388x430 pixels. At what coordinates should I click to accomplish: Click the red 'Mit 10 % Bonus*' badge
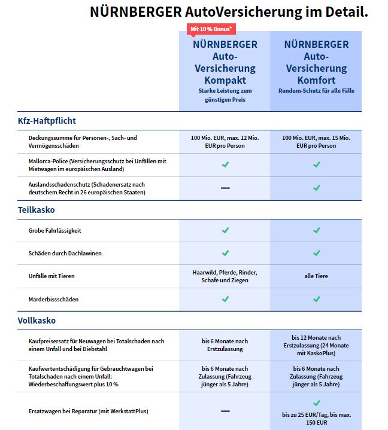pos(211,29)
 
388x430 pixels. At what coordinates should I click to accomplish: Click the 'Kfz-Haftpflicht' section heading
pos(47,121)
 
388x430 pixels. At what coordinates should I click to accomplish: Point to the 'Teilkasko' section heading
pos(37,210)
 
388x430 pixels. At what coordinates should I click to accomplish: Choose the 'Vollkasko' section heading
pos(37,321)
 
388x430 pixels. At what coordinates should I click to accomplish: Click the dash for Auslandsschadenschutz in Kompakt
pos(225,188)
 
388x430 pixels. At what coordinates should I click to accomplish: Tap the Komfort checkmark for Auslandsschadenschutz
pos(316,188)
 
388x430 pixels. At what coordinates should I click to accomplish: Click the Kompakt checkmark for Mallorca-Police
pos(225,164)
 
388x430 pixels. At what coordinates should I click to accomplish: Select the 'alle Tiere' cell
pos(316,276)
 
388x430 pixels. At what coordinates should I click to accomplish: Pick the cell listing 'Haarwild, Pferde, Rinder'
pos(225,276)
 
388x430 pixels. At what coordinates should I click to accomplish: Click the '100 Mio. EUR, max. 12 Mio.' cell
pos(225,142)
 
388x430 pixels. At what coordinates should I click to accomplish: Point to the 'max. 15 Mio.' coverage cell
pos(316,142)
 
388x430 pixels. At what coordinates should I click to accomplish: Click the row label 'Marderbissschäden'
pos(53,299)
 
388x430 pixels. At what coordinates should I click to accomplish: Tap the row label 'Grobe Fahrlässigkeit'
pos(56,230)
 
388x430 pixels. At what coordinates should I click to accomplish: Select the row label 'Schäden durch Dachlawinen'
pos(65,253)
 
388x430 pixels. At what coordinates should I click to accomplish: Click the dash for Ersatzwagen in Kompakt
pos(225,411)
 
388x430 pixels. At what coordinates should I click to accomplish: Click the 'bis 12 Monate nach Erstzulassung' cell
pos(316,345)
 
